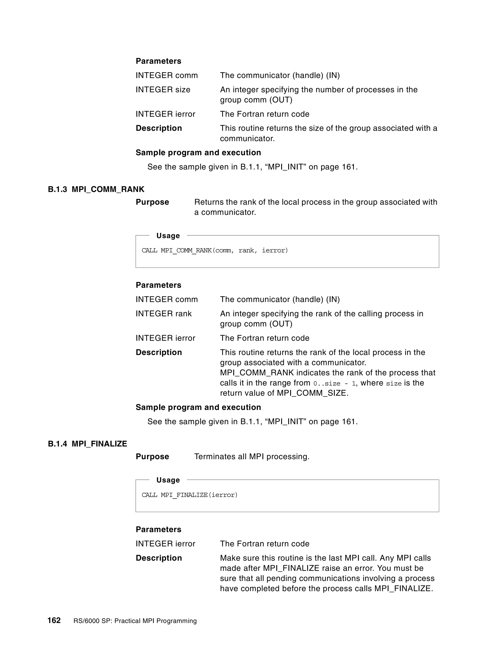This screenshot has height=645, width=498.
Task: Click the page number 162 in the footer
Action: tap(54, 620)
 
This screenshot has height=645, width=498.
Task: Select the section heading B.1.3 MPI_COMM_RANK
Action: tap(96, 189)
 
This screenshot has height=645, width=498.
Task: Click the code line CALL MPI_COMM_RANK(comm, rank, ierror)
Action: tap(214, 250)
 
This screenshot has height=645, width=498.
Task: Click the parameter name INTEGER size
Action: tap(163, 90)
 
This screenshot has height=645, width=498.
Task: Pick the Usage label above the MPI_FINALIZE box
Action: tap(168, 480)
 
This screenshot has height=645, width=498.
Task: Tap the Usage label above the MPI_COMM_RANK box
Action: tap(168, 236)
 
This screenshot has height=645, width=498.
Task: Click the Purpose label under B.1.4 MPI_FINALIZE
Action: tap(152, 456)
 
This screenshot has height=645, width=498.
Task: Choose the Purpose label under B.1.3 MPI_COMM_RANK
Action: tap(152, 202)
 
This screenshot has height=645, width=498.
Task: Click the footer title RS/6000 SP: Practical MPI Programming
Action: tap(135, 621)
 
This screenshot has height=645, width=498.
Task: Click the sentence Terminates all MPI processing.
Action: tap(252, 456)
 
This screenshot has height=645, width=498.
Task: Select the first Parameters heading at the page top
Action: tap(159, 61)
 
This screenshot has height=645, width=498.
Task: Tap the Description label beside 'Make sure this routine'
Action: tap(159, 558)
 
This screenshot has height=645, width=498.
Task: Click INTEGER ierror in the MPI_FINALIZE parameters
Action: tap(165, 544)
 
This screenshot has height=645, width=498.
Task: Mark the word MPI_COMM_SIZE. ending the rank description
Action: tap(312, 393)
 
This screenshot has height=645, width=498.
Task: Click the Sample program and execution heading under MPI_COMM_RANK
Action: tap(198, 407)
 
